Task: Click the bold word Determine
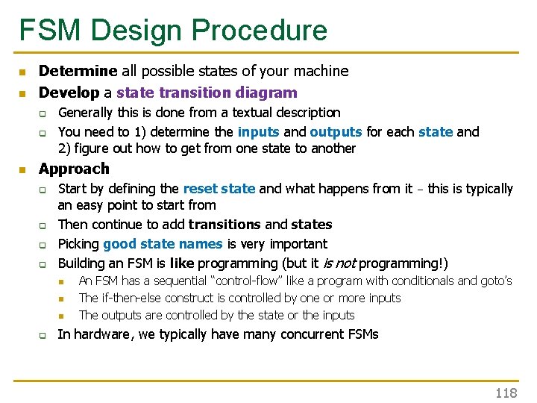(x=78, y=72)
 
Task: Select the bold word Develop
(x=69, y=93)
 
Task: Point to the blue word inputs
(x=259, y=132)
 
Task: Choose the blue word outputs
(x=336, y=132)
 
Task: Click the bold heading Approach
(x=74, y=169)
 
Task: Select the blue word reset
(x=201, y=189)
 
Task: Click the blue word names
(x=200, y=244)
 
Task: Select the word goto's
(x=493, y=281)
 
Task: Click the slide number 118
(x=506, y=393)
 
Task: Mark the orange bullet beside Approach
(x=23, y=169)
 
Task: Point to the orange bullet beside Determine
(x=23, y=72)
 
